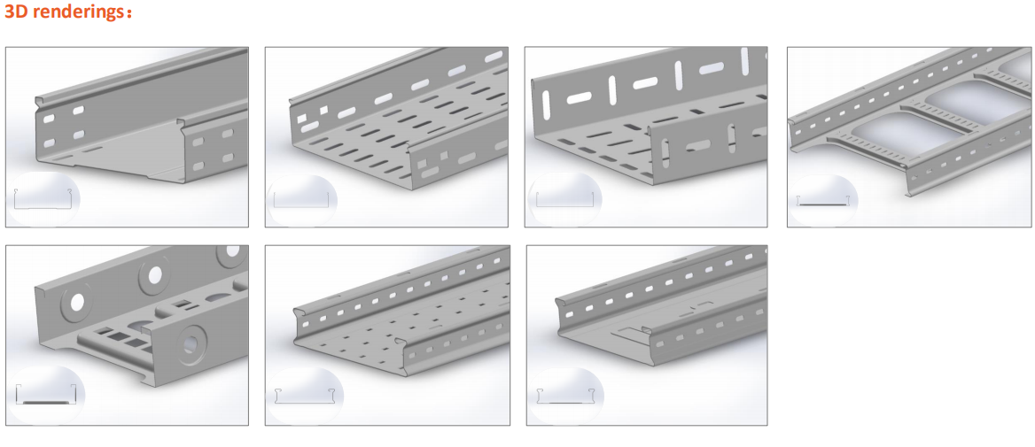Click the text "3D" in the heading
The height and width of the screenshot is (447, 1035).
(15, 12)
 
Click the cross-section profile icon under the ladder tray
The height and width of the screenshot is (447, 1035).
(821, 200)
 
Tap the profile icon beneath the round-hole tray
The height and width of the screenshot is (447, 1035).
(46, 394)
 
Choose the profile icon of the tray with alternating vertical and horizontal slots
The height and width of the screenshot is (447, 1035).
(565, 199)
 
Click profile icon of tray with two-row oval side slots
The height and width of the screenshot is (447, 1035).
(43, 197)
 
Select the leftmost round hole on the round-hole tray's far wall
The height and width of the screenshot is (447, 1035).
(78, 302)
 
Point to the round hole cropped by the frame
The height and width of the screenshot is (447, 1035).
(232, 250)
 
